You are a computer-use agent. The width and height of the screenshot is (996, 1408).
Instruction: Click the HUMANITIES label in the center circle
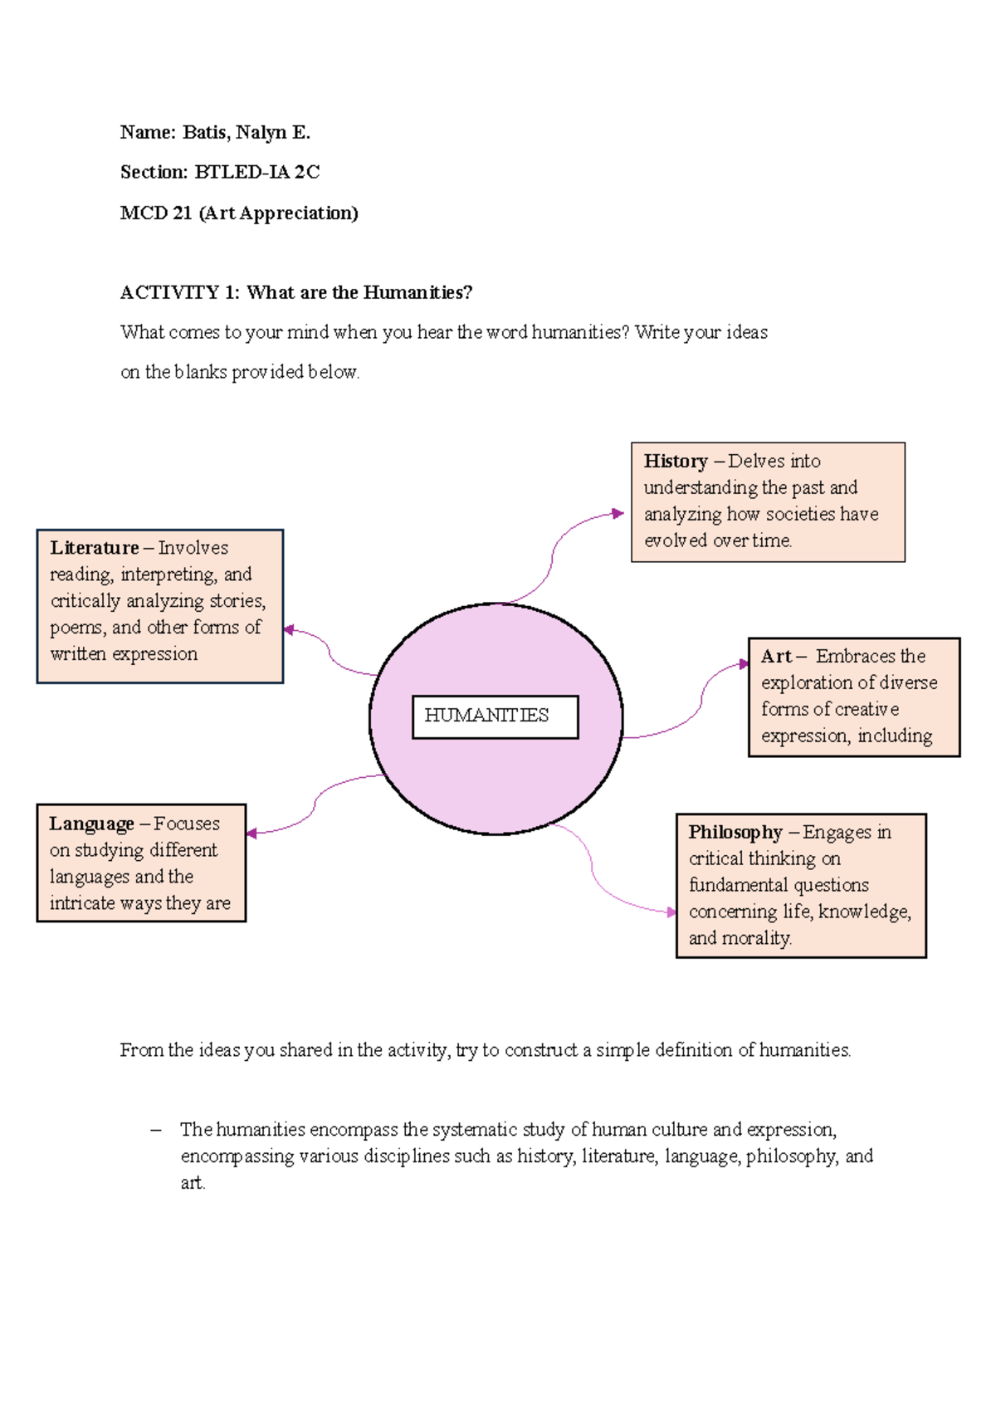click(x=486, y=716)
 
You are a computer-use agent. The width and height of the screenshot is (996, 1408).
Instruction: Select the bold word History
click(x=676, y=462)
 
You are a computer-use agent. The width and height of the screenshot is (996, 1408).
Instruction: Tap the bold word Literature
click(x=94, y=548)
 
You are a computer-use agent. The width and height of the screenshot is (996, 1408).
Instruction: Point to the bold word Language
click(x=91, y=824)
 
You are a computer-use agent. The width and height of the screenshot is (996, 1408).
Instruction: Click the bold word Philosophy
click(x=735, y=832)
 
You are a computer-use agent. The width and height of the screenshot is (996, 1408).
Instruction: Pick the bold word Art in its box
click(x=776, y=656)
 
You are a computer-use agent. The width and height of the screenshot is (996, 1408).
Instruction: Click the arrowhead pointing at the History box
click(x=618, y=513)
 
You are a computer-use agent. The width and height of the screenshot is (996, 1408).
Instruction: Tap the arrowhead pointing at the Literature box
click(x=289, y=630)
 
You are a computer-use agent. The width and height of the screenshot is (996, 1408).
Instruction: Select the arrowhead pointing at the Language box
click(x=251, y=833)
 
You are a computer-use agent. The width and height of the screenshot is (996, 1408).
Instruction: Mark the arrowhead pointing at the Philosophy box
click(x=671, y=912)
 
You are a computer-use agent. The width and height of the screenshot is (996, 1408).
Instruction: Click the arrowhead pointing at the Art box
click(x=744, y=664)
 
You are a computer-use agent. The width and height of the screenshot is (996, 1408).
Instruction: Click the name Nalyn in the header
click(x=261, y=132)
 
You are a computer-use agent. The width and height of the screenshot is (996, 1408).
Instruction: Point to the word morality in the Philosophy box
click(x=756, y=938)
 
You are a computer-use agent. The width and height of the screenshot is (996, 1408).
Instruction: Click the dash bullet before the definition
click(x=155, y=1129)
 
